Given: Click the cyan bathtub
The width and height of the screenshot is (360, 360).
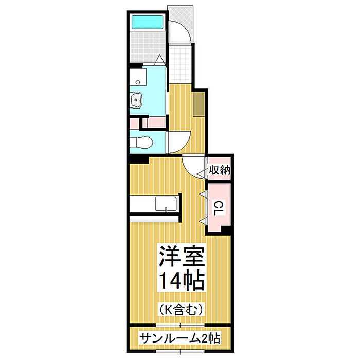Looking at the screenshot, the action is (148, 22).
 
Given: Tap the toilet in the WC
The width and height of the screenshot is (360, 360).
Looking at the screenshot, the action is (141, 142).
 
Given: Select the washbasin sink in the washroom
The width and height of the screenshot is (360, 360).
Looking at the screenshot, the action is (137, 100).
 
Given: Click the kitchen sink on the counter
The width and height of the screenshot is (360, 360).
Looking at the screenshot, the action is (166, 204).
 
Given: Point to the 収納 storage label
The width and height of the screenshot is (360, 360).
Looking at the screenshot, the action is (219, 170).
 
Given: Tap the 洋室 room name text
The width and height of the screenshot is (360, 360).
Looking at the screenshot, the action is (182, 256).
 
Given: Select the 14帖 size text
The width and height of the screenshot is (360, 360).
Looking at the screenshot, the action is (182, 281).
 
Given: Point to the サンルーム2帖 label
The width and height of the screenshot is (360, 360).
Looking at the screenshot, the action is (180, 338).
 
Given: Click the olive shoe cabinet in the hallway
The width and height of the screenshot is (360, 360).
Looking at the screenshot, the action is (199, 104).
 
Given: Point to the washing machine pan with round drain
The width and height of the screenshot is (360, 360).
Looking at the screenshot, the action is (138, 77).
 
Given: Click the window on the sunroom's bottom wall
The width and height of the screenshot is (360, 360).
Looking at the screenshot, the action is (180, 351).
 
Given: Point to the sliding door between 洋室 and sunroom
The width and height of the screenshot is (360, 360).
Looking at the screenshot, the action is (180, 325).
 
